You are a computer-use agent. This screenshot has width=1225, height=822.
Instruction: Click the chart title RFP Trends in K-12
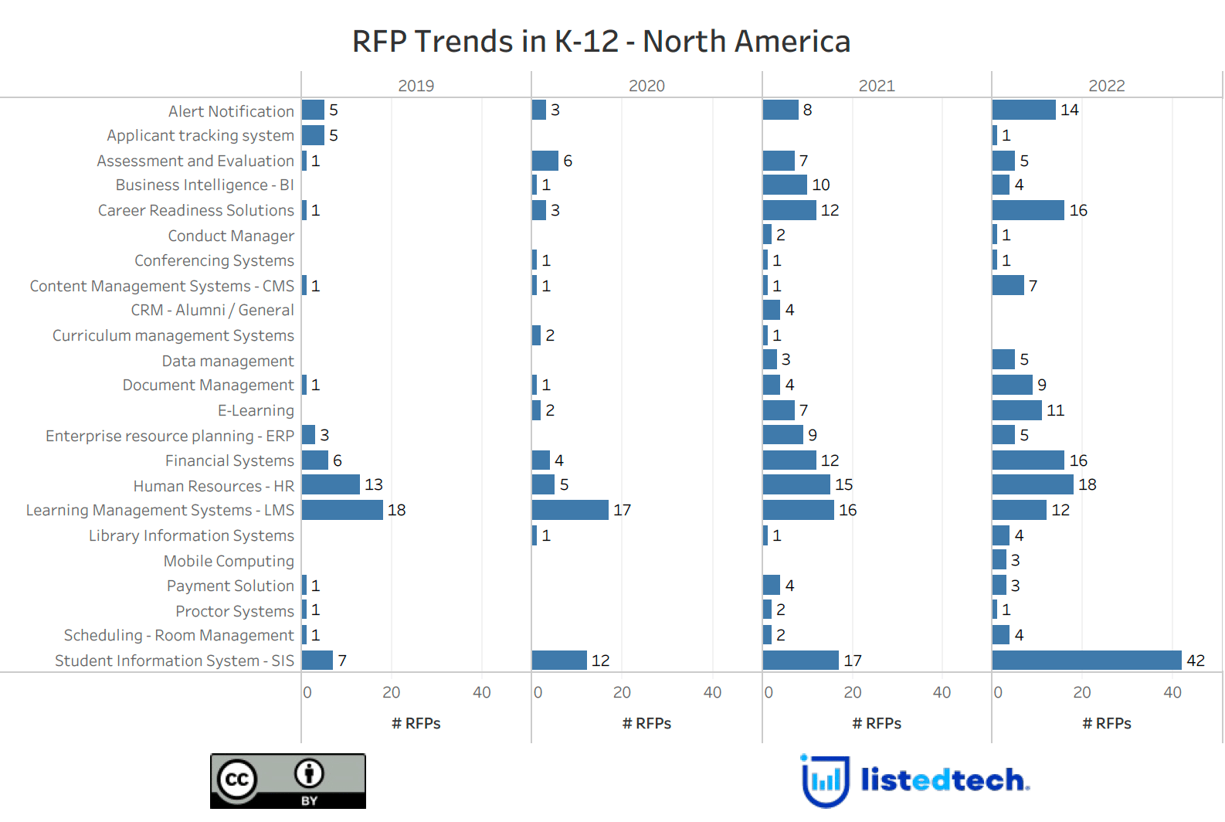pyautogui.click(x=601, y=42)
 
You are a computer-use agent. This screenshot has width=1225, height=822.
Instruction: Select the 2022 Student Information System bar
pyautogui.click(x=1087, y=661)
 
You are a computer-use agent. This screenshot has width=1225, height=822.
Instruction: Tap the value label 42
pyautogui.click(x=1196, y=661)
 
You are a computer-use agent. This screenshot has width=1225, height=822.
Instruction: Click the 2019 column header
pyautogui.click(x=416, y=86)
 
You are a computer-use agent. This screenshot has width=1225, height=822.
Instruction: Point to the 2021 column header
pyautogui.click(x=877, y=86)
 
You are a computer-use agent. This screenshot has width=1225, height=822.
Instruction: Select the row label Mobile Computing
pyautogui.click(x=229, y=561)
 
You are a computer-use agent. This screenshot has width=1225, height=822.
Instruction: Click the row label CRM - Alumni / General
pyautogui.click(x=212, y=310)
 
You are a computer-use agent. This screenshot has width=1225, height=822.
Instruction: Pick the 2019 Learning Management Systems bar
pyautogui.click(x=342, y=510)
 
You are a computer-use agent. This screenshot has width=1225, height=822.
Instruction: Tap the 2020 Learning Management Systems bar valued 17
pyautogui.click(x=570, y=510)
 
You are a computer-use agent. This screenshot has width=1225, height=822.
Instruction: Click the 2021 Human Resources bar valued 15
pyautogui.click(x=796, y=484)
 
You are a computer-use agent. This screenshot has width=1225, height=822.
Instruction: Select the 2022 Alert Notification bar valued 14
pyautogui.click(x=1024, y=110)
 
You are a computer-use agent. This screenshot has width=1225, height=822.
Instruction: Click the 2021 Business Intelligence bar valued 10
pyautogui.click(x=785, y=185)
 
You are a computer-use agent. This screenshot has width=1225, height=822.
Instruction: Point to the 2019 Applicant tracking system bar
pyautogui.click(x=313, y=135)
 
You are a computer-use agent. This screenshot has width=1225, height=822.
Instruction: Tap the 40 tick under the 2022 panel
pyautogui.click(x=1172, y=692)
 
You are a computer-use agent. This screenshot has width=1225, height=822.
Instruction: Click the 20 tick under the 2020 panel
pyautogui.click(x=622, y=692)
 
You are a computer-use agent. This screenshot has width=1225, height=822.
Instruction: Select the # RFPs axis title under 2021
pyautogui.click(x=877, y=723)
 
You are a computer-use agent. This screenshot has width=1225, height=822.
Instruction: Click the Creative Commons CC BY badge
pyautogui.click(x=288, y=781)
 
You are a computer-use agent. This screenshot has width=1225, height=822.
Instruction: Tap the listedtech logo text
pyautogui.click(x=945, y=780)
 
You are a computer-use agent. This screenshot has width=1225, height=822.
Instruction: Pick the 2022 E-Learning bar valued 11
pyautogui.click(x=1017, y=410)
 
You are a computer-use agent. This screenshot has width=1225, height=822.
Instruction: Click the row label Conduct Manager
pyautogui.click(x=231, y=236)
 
